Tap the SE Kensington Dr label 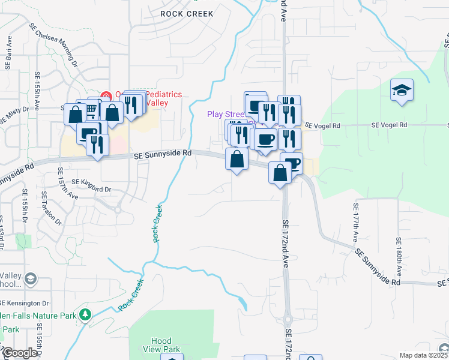(25, 302)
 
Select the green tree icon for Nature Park (85, 314)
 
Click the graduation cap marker (402, 91)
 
